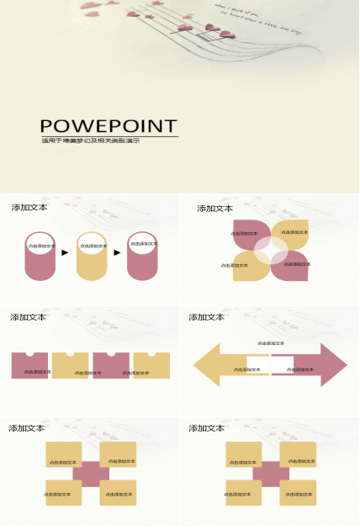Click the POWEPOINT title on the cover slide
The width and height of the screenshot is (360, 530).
[x=109, y=125]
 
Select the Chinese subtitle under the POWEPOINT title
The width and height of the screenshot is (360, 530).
[x=90, y=140]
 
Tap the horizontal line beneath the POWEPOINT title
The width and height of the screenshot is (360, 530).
[x=109, y=135]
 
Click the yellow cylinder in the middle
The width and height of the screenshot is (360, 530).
[x=91, y=261]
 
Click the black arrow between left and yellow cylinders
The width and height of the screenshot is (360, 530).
[x=66, y=252]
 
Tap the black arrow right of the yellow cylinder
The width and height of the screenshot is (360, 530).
[x=117, y=252]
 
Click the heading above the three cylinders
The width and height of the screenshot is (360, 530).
[x=29, y=207]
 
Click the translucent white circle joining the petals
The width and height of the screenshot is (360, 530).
[x=271, y=250]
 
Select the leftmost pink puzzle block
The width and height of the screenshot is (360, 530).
[x=30, y=367]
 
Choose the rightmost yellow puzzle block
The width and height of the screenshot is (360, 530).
[x=151, y=367]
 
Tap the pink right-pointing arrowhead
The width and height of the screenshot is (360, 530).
[x=332, y=365]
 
